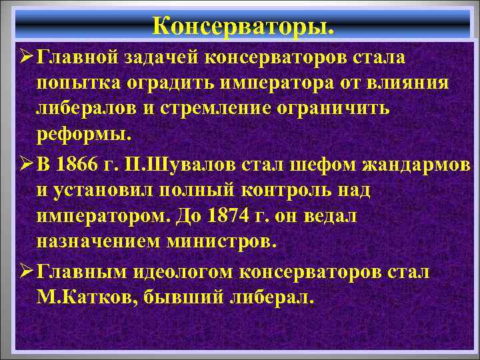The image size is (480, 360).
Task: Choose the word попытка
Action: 75,85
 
